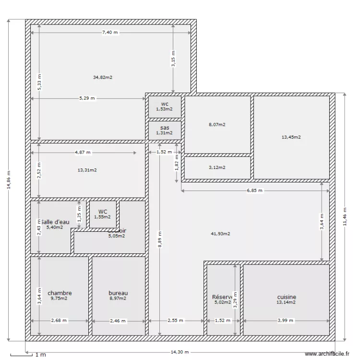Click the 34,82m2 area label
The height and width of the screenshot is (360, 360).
pyautogui.click(x=103, y=77)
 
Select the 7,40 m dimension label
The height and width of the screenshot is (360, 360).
pyautogui.click(x=110, y=32)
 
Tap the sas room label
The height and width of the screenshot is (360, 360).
pyautogui.click(x=165, y=128)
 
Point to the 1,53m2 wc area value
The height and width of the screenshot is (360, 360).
pyautogui.click(x=165, y=109)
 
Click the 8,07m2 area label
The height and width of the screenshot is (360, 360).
pyautogui.click(x=217, y=124)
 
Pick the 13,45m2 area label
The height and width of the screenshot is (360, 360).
pyautogui.click(x=291, y=137)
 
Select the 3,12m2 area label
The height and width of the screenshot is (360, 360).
pyautogui.click(x=217, y=168)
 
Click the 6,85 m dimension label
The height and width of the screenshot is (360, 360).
pyautogui.click(x=254, y=191)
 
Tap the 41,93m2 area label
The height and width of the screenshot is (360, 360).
pyautogui.click(x=220, y=234)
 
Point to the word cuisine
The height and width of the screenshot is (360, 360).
pyautogui.click(x=286, y=297)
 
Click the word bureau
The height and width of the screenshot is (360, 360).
pyautogui.click(x=118, y=293)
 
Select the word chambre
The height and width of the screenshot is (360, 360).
pyautogui.click(x=60, y=293)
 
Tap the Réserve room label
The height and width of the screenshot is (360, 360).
pyautogui.click(x=222, y=297)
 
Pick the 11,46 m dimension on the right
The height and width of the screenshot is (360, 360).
pyautogui.click(x=345, y=216)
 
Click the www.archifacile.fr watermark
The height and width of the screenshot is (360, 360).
pyautogui.click(x=327, y=354)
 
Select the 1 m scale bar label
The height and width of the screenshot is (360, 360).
pyautogui.click(x=40, y=355)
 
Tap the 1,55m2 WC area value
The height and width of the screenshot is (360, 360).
pyautogui.click(x=103, y=216)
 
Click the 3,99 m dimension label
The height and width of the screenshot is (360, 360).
pyautogui.click(x=286, y=320)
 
